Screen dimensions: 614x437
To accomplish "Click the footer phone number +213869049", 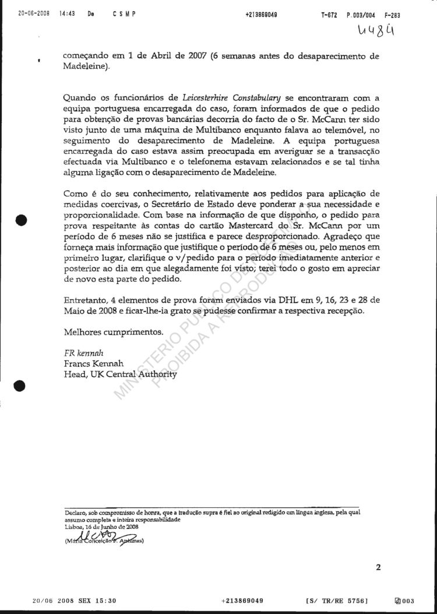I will tap(243, 600).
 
